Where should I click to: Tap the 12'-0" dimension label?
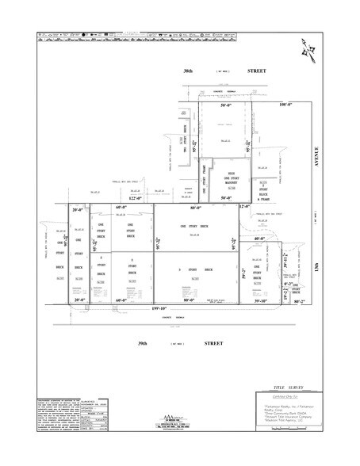click(x=244, y=207)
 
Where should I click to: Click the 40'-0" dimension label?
click(x=259, y=238)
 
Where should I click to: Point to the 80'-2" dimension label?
click(x=299, y=301)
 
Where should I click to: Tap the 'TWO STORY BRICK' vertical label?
click(x=185, y=143)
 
